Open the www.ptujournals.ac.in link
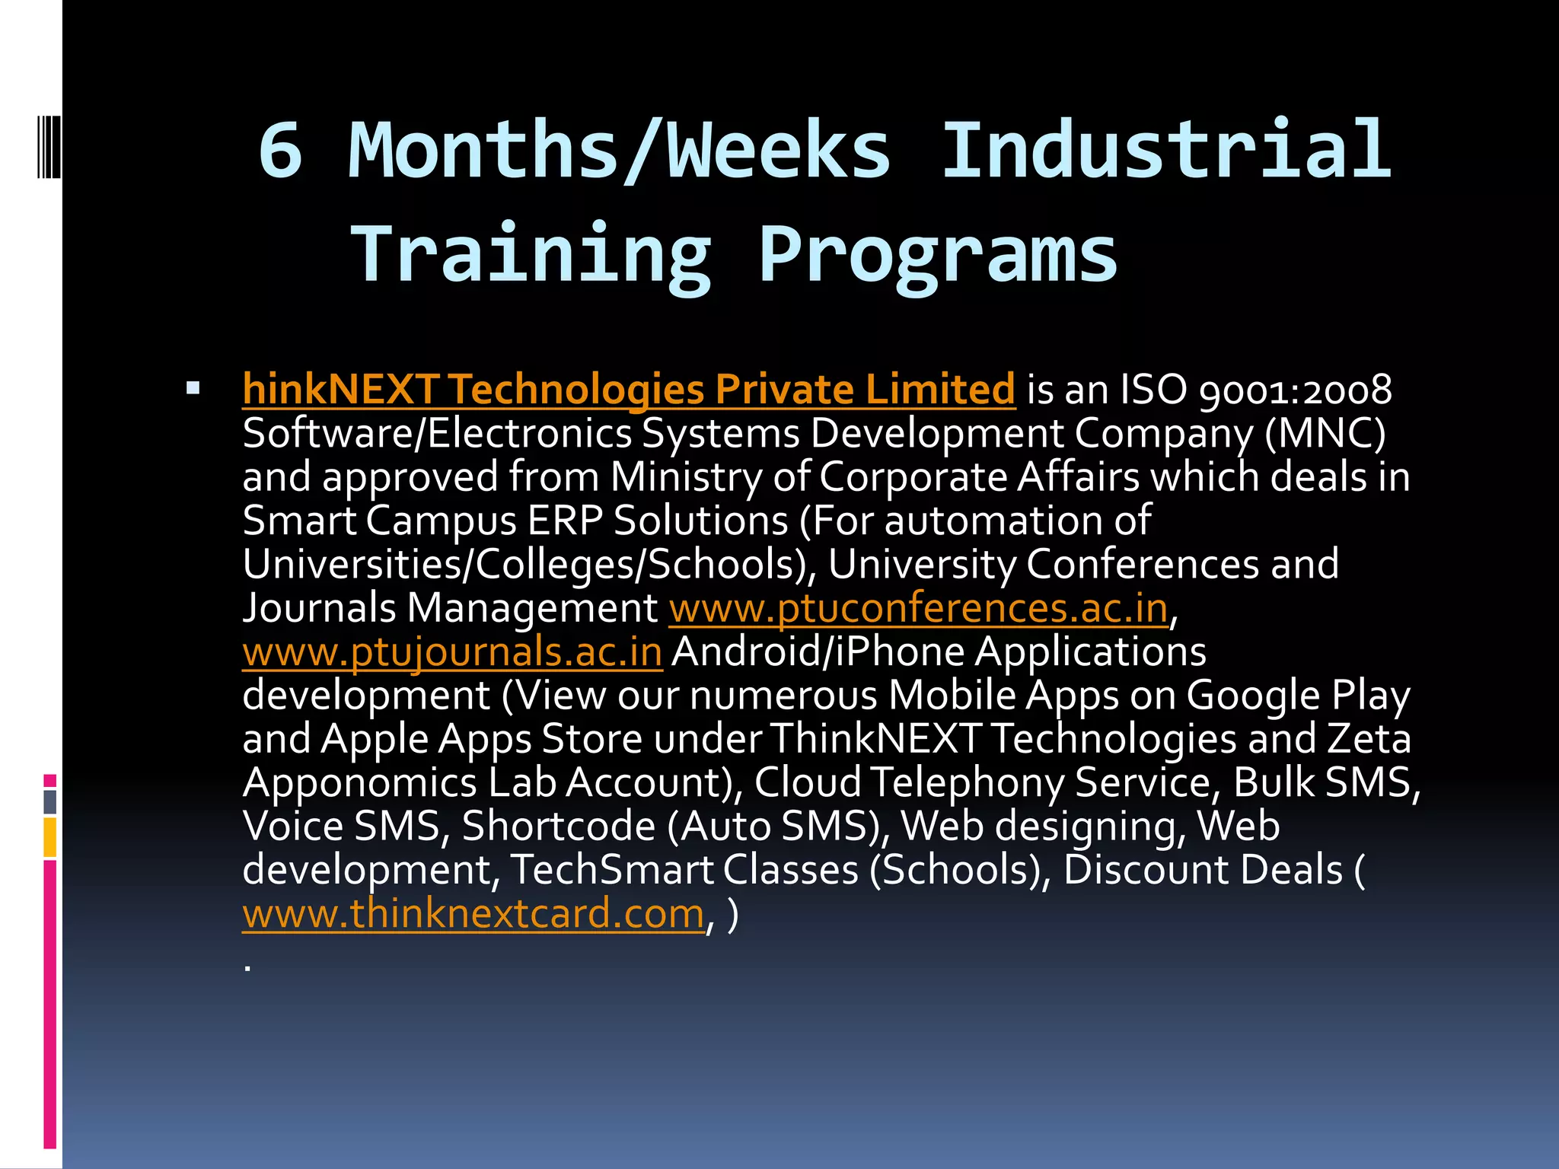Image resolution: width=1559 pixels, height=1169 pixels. (x=452, y=653)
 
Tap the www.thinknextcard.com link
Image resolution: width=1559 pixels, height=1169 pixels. (x=473, y=914)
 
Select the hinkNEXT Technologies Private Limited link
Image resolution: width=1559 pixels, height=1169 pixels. (x=629, y=390)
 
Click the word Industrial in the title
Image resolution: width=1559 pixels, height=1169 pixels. (x=1167, y=150)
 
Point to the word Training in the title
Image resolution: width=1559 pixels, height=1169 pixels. (x=531, y=253)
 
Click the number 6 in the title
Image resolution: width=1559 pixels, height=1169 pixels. (x=280, y=150)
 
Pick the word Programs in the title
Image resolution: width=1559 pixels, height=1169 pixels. (x=938, y=253)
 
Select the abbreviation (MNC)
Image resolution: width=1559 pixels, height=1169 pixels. (x=1325, y=434)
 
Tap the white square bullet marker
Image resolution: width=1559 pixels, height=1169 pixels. (x=193, y=389)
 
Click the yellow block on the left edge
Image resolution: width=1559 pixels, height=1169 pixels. (x=49, y=837)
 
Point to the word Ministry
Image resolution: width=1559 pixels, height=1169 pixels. (x=686, y=478)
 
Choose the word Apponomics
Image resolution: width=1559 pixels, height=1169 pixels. (x=360, y=783)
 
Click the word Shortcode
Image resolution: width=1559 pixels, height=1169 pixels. (x=558, y=827)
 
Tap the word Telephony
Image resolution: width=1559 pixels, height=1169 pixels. (x=967, y=783)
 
